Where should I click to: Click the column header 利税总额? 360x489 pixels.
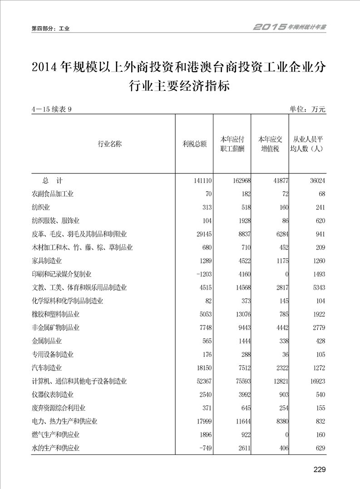click(x=194, y=144)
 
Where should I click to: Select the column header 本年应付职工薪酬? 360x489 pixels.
click(x=232, y=144)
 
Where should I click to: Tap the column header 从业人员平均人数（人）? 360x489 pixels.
click(x=307, y=144)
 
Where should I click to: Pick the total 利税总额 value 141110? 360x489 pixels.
click(x=200, y=181)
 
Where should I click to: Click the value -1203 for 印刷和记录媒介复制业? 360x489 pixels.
click(x=202, y=274)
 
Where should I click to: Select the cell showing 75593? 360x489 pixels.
click(x=241, y=381)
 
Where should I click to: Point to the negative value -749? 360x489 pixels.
click(x=203, y=448)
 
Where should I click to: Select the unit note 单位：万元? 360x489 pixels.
click(x=307, y=109)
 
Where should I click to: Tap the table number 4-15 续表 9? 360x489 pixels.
click(x=52, y=109)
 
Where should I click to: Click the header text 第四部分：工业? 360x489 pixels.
click(x=50, y=28)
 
